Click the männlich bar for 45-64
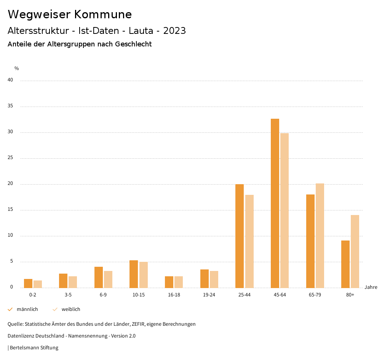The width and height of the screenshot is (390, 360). (x=275, y=203)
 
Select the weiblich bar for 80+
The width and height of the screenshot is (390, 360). (x=355, y=251)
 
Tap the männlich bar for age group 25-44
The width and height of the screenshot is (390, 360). (x=240, y=236)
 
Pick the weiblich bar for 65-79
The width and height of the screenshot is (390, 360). (x=320, y=236)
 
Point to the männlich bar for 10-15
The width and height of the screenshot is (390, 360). (x=134, y=274)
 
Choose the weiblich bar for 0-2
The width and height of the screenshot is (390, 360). (x=38, y=284)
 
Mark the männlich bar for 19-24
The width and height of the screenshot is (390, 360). (x=205, y=279)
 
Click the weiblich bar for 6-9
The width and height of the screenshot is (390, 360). (x=108, y=279)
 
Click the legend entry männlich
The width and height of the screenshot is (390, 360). (x=27, y=309)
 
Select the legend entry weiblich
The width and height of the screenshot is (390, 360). (x=71, y=309)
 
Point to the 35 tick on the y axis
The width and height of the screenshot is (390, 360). (x=10, y=106)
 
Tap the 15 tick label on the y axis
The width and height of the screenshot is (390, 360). (x=10, y=210)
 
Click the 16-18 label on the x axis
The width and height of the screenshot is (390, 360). (x=174, y=295)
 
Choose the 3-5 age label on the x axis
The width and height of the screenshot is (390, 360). (x=68, y=295)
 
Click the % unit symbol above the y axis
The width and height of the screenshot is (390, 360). (x=17, y=68)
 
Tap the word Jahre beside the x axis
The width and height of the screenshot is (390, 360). (x=371, y=287)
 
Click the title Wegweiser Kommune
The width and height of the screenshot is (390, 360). (x=70, y=14)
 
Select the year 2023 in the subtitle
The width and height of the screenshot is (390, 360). (x=174, y=31)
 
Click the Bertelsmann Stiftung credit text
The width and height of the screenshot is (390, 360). (x=34, y=348)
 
